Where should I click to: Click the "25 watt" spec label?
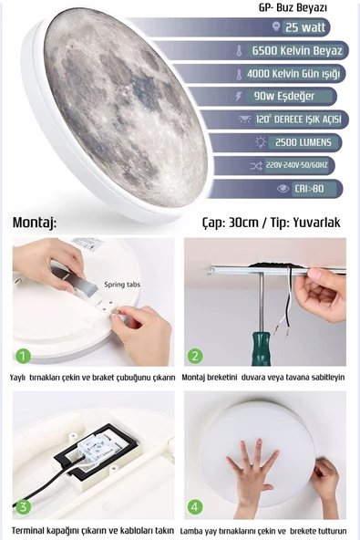click(305, 26)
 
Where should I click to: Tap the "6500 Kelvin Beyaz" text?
click(297, 51)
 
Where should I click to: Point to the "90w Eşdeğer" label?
click(284, 96)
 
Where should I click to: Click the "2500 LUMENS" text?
click(303, 142)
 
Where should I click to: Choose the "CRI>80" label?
click(309, 189)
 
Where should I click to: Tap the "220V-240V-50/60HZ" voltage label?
click(297, 165)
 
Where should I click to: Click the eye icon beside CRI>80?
click(283, 189)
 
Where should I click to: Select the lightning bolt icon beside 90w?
click(239, 96)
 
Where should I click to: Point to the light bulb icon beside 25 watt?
click(275, 26)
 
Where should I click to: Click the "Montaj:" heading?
click(35, 223)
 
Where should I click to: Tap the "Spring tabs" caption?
click(122, 285)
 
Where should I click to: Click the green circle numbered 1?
click(24, 356)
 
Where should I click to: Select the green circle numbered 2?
click(195, 356)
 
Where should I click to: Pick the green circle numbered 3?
click(24, 506)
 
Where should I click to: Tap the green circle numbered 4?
click(195, 506)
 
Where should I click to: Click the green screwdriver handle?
click(262, 348)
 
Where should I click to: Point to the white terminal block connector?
click(98, 447)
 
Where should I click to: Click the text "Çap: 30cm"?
click(230, 223)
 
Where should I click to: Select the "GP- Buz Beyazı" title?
click(293, 7)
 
